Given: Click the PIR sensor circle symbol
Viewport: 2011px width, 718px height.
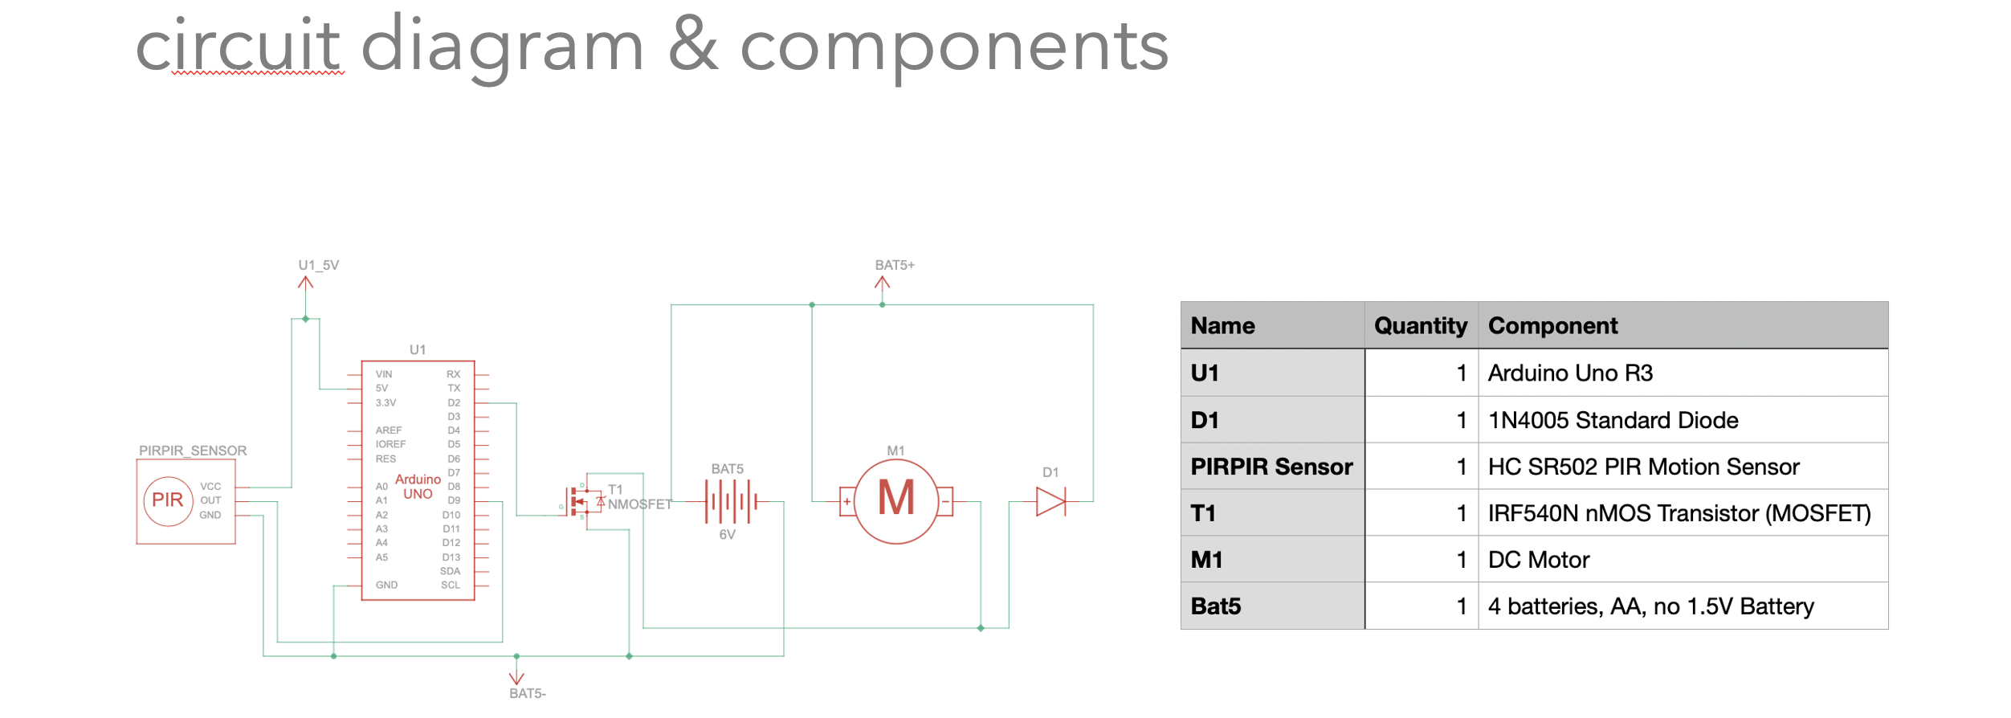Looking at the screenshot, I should pos(168,500).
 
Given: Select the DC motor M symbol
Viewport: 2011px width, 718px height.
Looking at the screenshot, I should pos(895,500).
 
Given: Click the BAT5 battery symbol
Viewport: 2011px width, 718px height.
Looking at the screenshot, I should pos(730,501).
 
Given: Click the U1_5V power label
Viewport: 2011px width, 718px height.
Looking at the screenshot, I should pos(318,265).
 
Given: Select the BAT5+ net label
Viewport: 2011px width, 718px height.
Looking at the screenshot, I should pos(894,265).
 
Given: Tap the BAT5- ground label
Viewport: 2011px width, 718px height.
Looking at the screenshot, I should pos(527,693).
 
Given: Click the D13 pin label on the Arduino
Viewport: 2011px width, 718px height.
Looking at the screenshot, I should pos(451,557).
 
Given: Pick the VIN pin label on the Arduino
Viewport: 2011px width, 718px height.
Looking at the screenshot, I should pos(384,374).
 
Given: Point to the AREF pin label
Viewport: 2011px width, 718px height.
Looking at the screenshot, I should pos(388,430).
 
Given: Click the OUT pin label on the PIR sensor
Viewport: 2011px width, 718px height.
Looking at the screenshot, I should pos(210,500).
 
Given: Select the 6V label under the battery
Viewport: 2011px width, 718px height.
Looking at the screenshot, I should pos(727,535).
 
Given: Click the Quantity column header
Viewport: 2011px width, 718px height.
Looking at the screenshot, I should pos(1420,326).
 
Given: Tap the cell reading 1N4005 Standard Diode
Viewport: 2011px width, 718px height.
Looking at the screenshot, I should pos(1613,420).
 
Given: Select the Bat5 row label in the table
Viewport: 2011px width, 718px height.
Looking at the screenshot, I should pos(1215,606).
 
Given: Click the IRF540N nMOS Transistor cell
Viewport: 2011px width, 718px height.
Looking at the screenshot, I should pos(1679,513).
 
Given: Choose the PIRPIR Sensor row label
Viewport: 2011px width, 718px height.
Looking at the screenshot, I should pos(1271,467).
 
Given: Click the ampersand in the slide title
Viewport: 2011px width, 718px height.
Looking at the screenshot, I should pos(692,47).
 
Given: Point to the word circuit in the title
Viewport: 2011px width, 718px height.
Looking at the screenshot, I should pos(238,47).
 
